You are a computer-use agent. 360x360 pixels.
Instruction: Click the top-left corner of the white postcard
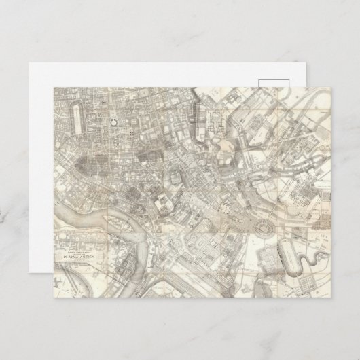31,63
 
